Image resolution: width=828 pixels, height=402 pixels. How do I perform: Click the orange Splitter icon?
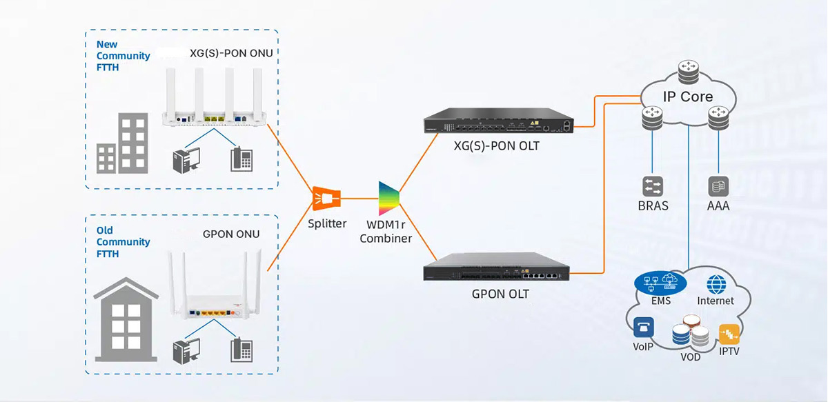[326, 199]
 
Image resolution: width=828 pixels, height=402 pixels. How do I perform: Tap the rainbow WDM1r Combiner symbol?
[388, 199]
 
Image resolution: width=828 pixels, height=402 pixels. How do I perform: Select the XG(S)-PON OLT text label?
[497, 146]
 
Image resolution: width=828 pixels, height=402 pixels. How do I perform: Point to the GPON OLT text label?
[500, 293]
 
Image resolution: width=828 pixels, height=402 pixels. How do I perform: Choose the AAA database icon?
[718, 185]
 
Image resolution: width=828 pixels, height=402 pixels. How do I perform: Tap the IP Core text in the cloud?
[687, 97]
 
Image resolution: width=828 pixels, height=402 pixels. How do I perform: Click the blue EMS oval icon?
[658, 282]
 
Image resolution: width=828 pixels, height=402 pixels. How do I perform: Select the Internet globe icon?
[716, 284]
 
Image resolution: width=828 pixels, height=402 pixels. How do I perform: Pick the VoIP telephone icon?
[643, 328]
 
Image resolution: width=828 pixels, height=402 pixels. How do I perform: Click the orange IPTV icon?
[729, 334]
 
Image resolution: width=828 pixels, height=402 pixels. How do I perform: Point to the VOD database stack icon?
[691, 332]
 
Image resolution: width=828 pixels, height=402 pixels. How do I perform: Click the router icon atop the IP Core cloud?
[687, 69]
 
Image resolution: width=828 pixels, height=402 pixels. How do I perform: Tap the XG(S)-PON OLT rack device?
[497, 124]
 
